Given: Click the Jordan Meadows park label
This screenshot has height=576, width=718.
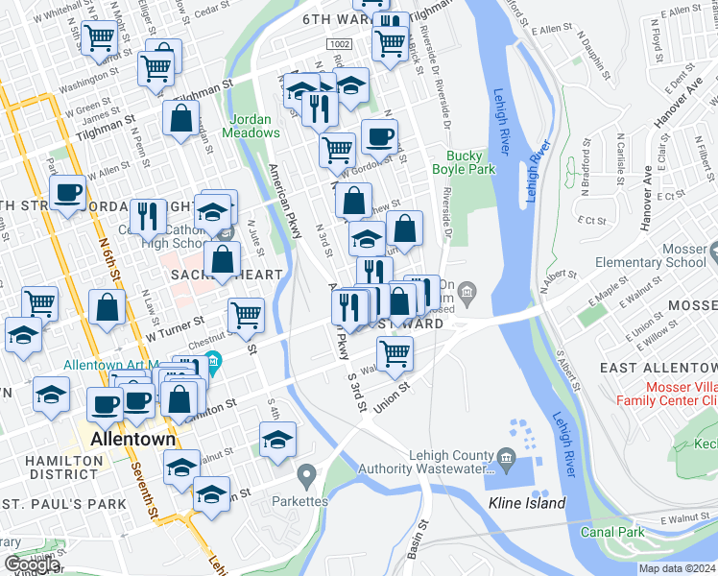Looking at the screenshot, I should coord(250,126).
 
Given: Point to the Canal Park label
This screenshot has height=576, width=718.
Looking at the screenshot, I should coord(611,531).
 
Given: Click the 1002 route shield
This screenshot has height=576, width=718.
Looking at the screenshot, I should coord(337,44).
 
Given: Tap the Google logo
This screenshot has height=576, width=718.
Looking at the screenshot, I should coord(32,564).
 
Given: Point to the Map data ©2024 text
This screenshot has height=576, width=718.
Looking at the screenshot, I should coord(677,568).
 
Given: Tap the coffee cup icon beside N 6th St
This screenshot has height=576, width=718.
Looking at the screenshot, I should coord(67,193).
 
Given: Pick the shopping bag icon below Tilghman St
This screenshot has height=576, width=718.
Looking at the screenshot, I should coord(180,120).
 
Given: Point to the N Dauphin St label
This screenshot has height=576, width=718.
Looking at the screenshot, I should coord(599,57).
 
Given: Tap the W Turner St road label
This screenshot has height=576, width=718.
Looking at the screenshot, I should coord(173,329).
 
